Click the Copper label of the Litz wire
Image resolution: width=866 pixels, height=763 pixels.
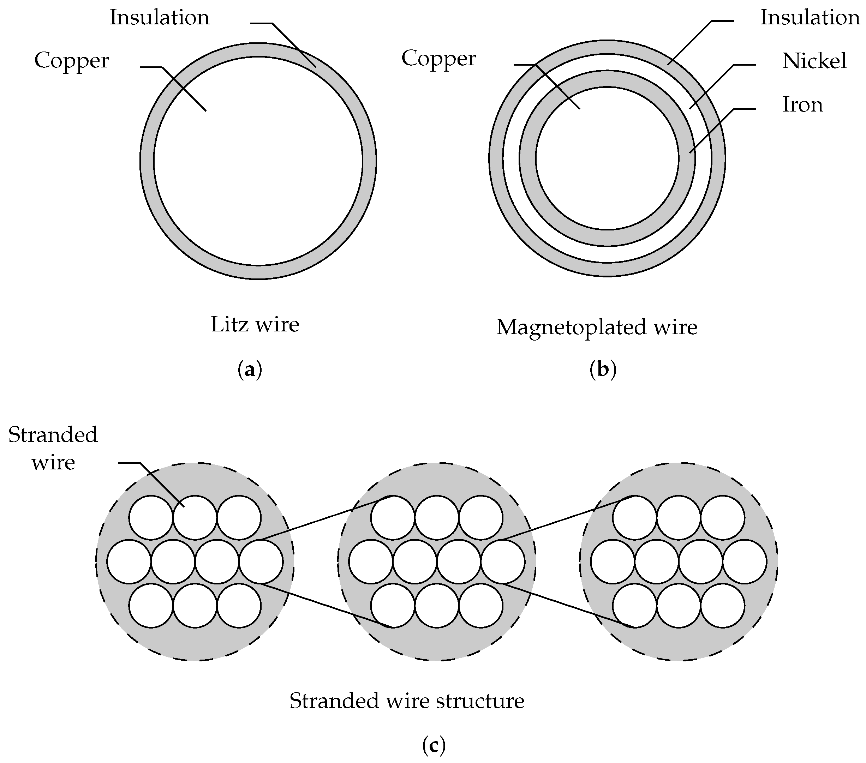click(x=72, y=61)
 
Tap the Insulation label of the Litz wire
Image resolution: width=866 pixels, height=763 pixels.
click(x=160, y=18)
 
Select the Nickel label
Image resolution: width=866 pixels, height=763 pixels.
click(x=814, y=61)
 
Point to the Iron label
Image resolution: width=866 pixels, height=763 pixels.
click(x=802, y=104)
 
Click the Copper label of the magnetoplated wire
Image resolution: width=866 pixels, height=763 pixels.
click(x=438, y=59)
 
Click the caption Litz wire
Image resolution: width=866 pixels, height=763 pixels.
click(x=255, y=325)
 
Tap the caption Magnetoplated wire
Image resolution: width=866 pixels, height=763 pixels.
click(x=597, y=327)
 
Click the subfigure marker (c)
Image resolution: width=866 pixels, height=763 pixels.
click(x=434, y=745)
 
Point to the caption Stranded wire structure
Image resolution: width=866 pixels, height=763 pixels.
click(x=407, y=701)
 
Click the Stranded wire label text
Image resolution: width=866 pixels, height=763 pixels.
click(x=53, y=449)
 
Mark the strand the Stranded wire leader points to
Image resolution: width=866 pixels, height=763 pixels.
click(x=195, y=518)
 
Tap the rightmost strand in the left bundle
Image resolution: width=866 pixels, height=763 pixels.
click(x=261, y=562)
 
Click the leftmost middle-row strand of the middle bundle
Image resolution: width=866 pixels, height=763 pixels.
click(x=371, y=562)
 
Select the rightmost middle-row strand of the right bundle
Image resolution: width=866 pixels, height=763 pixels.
click(x=745, y=562)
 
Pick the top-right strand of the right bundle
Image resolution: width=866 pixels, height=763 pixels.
click(x=722, y=518)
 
